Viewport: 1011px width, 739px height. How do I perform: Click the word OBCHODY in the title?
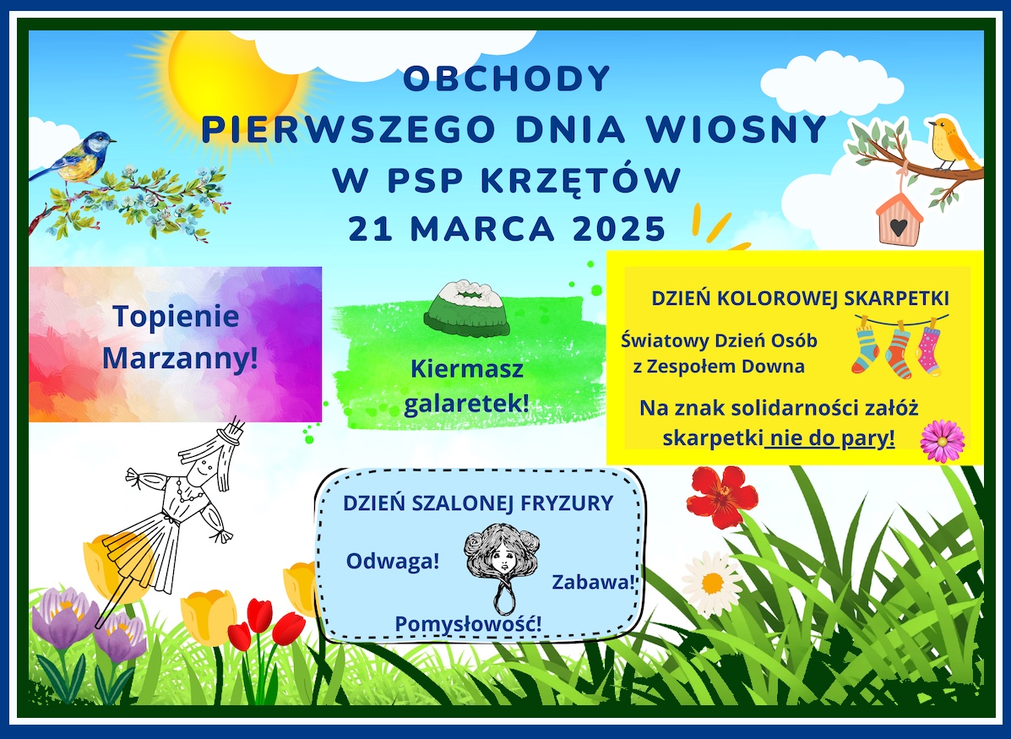click(x=507, y=79)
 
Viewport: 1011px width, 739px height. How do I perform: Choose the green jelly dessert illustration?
click(x=467, y=308)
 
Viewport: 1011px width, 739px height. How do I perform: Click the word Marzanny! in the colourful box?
click(x=181, y=358)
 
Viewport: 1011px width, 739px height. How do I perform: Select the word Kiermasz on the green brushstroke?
click(x=467, y=370)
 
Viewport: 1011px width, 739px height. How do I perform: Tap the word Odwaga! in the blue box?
click(x=393, y=562)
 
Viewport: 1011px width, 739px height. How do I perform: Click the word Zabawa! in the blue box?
click(x=594, y=582)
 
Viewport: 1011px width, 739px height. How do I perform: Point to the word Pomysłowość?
click(x=468, y=624)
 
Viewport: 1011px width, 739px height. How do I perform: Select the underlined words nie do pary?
click(x=831, y=438)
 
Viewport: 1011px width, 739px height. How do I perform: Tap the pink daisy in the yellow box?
click(x=942, y=441)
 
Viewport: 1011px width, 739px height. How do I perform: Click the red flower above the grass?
click(x=721, y=496)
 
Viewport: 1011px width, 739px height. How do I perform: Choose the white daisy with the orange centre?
click(x=713, y=584)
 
